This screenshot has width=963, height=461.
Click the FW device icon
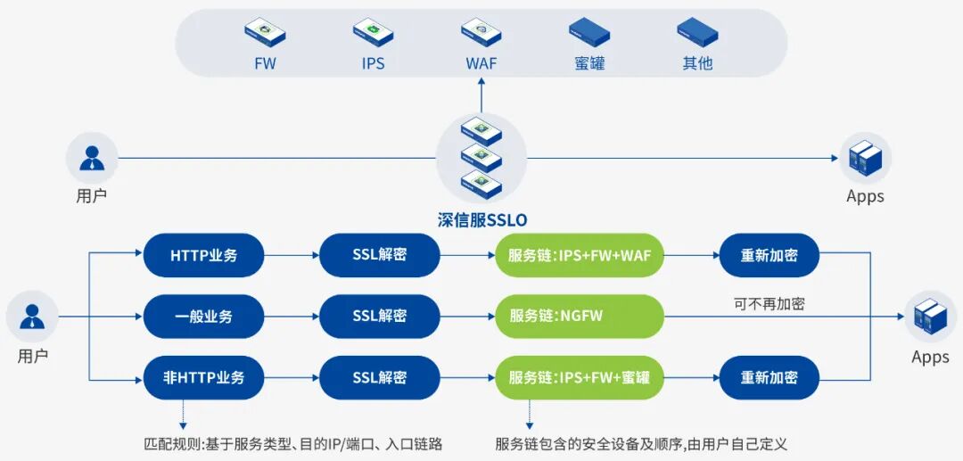265,33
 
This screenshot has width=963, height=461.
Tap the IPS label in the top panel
373,64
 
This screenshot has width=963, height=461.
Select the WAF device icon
481,33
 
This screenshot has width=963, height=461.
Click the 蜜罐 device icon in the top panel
589,33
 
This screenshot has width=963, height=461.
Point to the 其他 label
697,64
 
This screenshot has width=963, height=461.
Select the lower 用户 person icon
32,317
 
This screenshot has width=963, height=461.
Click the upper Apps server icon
865,158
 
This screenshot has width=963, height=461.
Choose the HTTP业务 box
204,256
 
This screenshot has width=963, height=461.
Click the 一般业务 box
204,317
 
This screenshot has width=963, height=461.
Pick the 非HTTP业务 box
204,377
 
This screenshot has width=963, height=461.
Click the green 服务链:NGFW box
580,317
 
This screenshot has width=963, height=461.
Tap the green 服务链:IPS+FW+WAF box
580,256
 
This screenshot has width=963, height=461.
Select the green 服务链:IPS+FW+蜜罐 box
580,377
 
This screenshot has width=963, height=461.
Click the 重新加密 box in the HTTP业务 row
769,256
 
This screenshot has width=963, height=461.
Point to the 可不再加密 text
769,303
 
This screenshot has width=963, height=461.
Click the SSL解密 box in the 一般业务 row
380,317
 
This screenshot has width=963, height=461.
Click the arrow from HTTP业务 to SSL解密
292,256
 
